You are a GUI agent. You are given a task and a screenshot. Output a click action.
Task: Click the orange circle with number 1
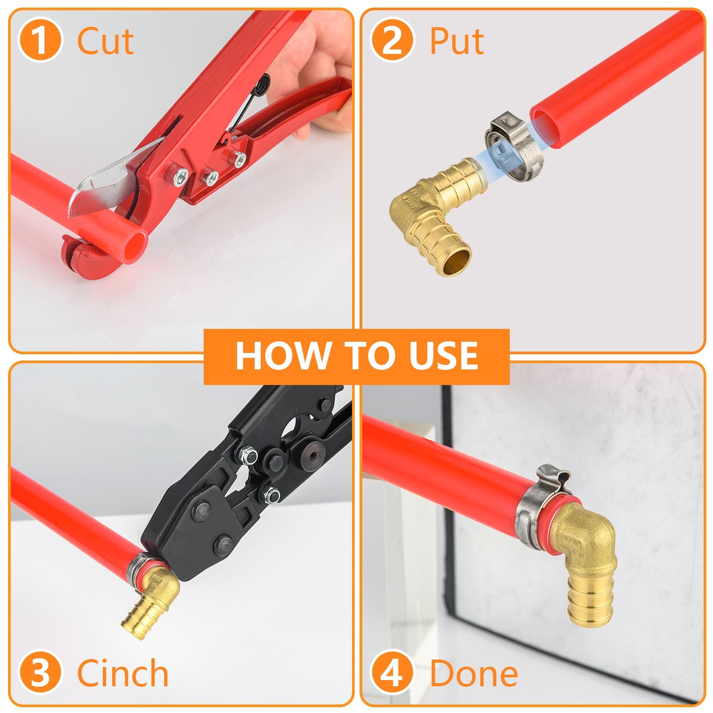point(40,41)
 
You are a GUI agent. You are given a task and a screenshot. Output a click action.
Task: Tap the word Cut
point(105,41)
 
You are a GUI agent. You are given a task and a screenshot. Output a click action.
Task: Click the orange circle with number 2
point(392,41)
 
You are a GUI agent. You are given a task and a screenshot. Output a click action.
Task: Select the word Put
point(457,41)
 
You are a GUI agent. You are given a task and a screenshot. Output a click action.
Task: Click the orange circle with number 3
point(40,673)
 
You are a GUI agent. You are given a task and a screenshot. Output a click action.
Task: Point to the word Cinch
point(123,673)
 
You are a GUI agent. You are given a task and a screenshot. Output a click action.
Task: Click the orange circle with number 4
point(392,673)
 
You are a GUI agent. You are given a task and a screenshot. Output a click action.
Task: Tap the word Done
point(474,673)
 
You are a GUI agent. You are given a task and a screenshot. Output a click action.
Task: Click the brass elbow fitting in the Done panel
point(584,548)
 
